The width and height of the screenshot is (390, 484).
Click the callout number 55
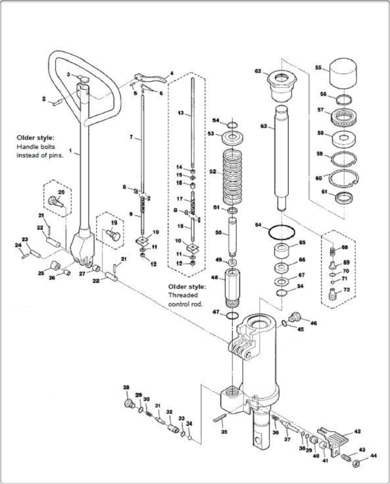pos(318,67)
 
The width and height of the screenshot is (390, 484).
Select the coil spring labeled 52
pos(232,176)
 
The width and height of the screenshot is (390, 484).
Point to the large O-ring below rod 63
pos(281,232)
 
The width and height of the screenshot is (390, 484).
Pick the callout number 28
pos(126,387)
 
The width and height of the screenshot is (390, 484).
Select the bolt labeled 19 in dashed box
pos(113,235)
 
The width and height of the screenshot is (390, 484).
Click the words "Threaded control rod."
pos(185,299)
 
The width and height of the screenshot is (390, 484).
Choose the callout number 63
pos(264,126)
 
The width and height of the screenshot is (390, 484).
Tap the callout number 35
pos(224,431)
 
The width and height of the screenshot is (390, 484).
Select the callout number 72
pos(346,290)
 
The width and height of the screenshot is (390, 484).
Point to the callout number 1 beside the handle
pos(70,151)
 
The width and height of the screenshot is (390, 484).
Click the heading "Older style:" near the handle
pos(37,138)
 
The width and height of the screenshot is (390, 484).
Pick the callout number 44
pos(373,455)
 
